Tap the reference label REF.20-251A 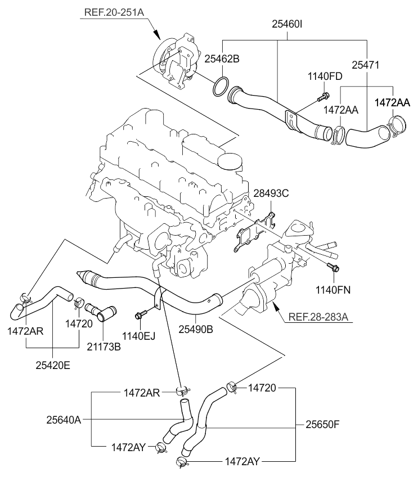click(x=115, y=11)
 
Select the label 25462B click(x=222, y=58)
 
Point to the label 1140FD click(x=324, y=76)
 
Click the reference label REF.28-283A click(x=318, y=317)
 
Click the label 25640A click(x=64, y=419)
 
